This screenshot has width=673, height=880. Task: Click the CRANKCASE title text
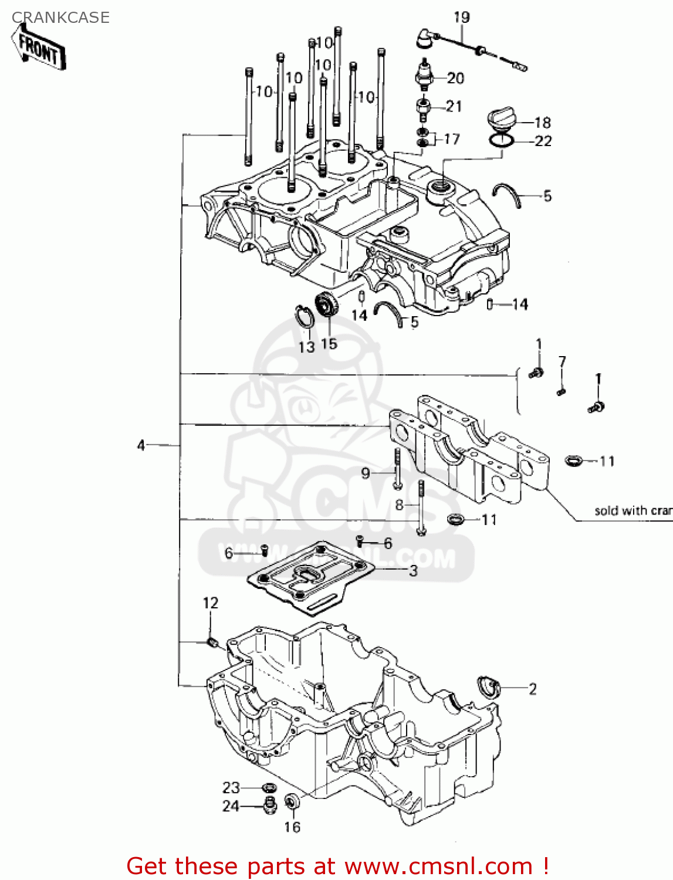[x=60, y=18]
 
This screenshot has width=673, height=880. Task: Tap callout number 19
[x=462, y=18]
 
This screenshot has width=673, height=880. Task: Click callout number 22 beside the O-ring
[x=543, y=141]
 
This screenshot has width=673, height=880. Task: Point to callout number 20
[x=455, y=78]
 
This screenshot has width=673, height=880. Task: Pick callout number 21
[x=454, y=106]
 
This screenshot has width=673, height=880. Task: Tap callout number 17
[x=451, y=139]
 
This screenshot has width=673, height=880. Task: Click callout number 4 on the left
[x=141, y=445]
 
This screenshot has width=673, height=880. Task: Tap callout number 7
[x=562, y=361]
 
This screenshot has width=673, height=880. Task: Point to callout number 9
[x=366, y=473]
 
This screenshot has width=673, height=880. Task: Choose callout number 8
[x=399, y=505]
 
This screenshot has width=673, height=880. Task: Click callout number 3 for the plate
[x=413, y=570]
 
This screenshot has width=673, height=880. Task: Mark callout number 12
[x=211, y=603]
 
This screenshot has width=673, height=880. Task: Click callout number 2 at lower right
[x=532, y=689]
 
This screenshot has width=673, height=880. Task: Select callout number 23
[x=231, y=787]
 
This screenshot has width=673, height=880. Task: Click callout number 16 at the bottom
[x=292, y=827]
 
